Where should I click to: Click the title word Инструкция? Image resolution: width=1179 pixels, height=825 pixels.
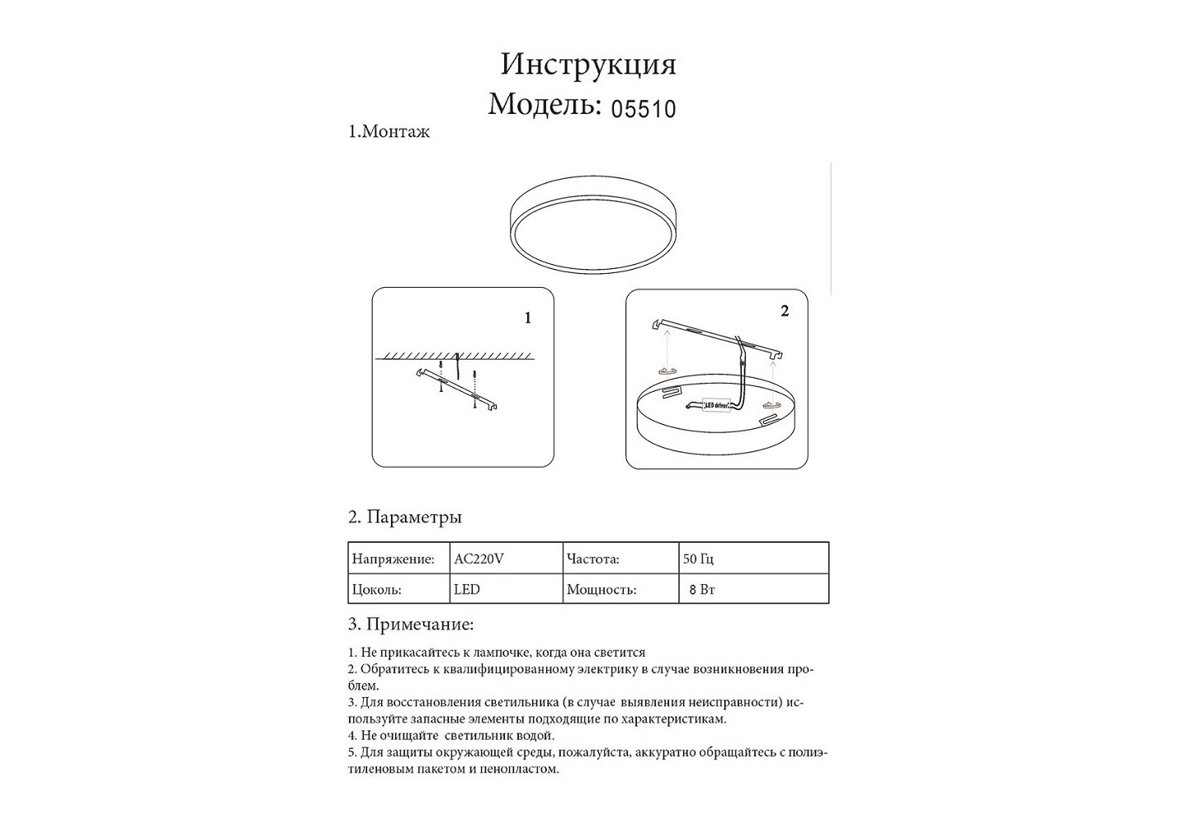click(588, 64)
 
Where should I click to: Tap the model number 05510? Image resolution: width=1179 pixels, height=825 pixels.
click(643, 108)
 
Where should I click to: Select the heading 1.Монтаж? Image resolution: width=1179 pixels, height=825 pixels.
click(389, 132)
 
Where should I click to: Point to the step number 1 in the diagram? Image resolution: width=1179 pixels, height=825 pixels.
click(528, 318)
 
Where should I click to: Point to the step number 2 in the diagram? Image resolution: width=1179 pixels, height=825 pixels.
click(784, 311)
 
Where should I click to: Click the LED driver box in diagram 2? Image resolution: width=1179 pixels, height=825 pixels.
click(715, 405)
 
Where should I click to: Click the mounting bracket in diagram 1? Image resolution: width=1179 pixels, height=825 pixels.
click(460, 389)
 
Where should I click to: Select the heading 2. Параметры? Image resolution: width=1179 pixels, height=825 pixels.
click(404, 517)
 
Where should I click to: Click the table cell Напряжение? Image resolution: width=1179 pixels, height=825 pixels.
click(393, 559)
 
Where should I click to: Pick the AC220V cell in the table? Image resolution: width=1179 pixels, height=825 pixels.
click(479, 559)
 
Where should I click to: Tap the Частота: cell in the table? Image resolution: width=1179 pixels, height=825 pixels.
click(592, 559)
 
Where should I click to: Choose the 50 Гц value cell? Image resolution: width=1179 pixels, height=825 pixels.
click(698, 559)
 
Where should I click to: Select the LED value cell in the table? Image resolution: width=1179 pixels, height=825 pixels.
click(466, 590)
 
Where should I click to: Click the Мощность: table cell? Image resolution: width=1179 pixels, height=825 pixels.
click(601, 590)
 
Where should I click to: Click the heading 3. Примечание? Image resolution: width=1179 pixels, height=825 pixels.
click(410, 625)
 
